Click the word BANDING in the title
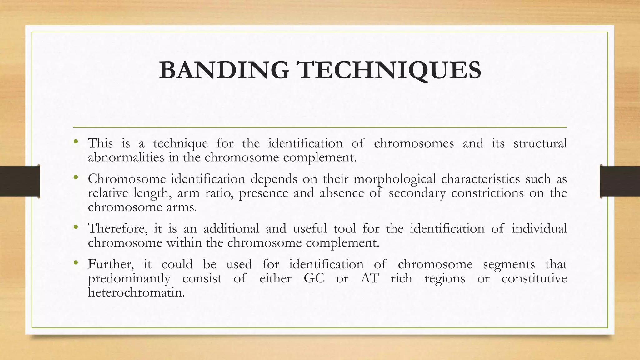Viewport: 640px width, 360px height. coord(224,70)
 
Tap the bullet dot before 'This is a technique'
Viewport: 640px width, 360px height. coord(76,142)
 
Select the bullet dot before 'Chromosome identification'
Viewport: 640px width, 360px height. coord(76,177)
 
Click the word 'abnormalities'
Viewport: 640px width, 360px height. coord(126,157)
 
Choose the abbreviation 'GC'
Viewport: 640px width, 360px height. coord(314,278)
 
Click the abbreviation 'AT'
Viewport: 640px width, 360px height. coord(370,278)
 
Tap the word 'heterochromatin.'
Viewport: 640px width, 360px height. coord(137,292)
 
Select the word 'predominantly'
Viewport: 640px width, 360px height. coord(129,279)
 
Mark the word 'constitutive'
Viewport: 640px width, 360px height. coord(534,278)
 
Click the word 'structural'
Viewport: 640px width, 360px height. coord(540,143)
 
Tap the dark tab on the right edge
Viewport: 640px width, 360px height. coord(620,181)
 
